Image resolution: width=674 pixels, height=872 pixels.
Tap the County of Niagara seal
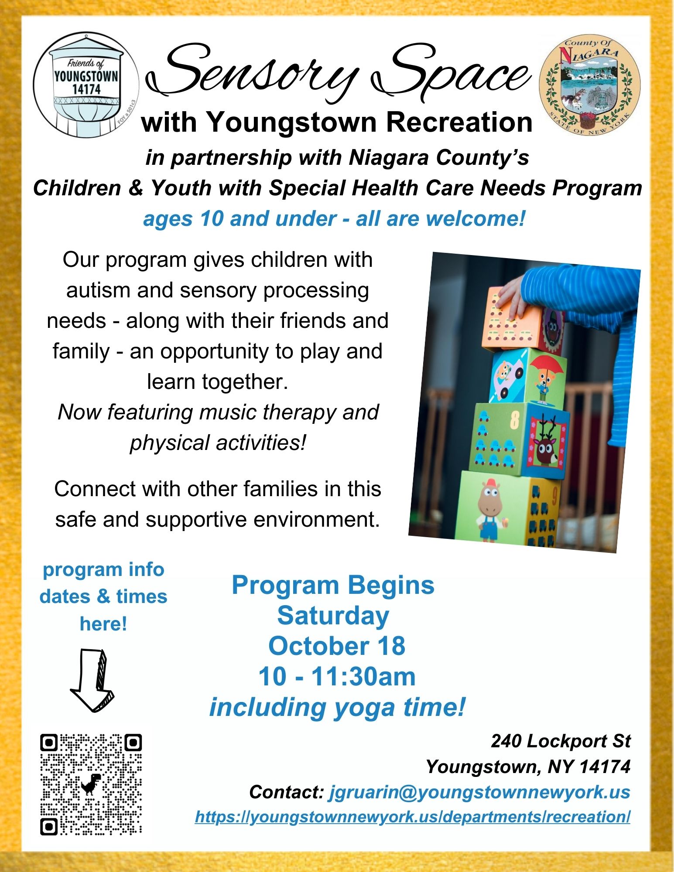click(590, 85)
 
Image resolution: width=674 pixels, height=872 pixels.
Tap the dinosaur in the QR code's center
click(91, 784)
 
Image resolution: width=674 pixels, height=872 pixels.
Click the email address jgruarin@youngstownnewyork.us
click(479, 792)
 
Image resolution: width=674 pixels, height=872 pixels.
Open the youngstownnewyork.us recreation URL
click(413, 817)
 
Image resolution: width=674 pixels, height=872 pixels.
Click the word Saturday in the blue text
click(333, 616)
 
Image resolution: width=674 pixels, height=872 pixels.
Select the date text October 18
click(337, 646)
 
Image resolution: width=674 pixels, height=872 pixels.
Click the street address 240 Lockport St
click(561, 741)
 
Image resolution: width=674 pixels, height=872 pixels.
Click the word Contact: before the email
click(286, 792)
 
